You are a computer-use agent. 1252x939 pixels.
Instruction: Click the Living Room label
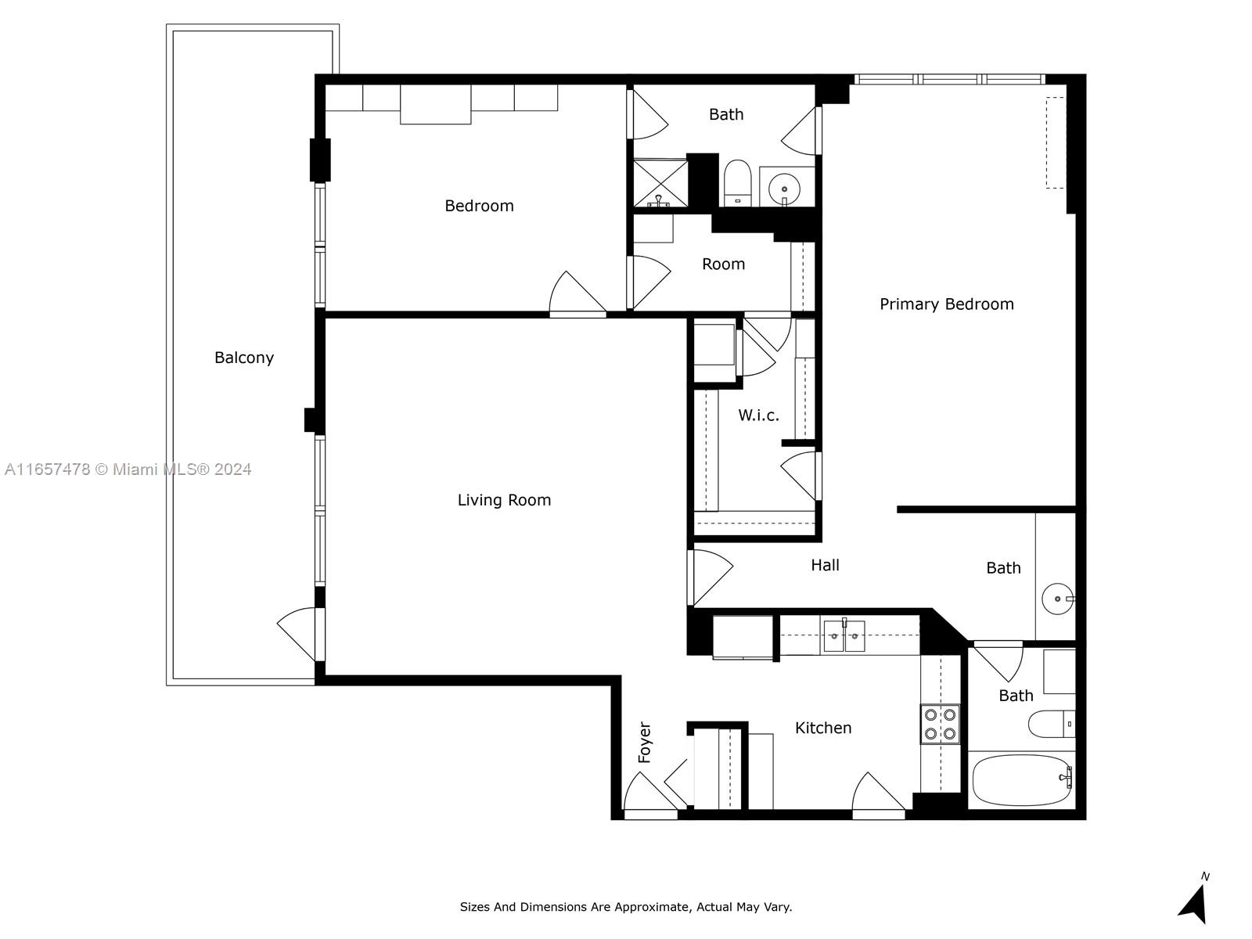[504, 500]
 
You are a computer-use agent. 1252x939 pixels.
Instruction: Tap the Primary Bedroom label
[946, 304]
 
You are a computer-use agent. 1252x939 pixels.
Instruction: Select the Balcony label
[244, 358]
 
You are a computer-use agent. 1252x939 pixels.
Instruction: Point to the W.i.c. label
[758, 415]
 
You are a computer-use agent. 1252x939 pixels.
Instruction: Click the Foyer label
[644, 743]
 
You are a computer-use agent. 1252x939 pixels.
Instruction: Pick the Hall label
[825, 565]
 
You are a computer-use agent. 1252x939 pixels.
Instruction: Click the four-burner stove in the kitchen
[940, 724]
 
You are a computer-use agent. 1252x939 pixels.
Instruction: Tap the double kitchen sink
[844, 635]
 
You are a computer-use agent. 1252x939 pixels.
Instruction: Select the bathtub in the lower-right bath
[1022, 779]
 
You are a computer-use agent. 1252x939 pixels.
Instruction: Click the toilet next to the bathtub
[1051, 724]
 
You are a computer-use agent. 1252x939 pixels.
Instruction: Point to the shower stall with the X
[660, 184]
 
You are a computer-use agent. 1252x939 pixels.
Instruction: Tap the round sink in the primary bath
[1057, 599]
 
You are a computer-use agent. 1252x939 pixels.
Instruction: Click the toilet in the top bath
[738, 182]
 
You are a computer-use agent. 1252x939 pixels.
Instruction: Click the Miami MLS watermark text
[128, 469]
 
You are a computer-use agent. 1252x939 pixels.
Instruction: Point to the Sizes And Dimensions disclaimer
[626, 906]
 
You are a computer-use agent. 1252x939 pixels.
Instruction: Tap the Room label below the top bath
[723, 264]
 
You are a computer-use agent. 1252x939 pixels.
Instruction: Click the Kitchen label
[823, 728]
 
